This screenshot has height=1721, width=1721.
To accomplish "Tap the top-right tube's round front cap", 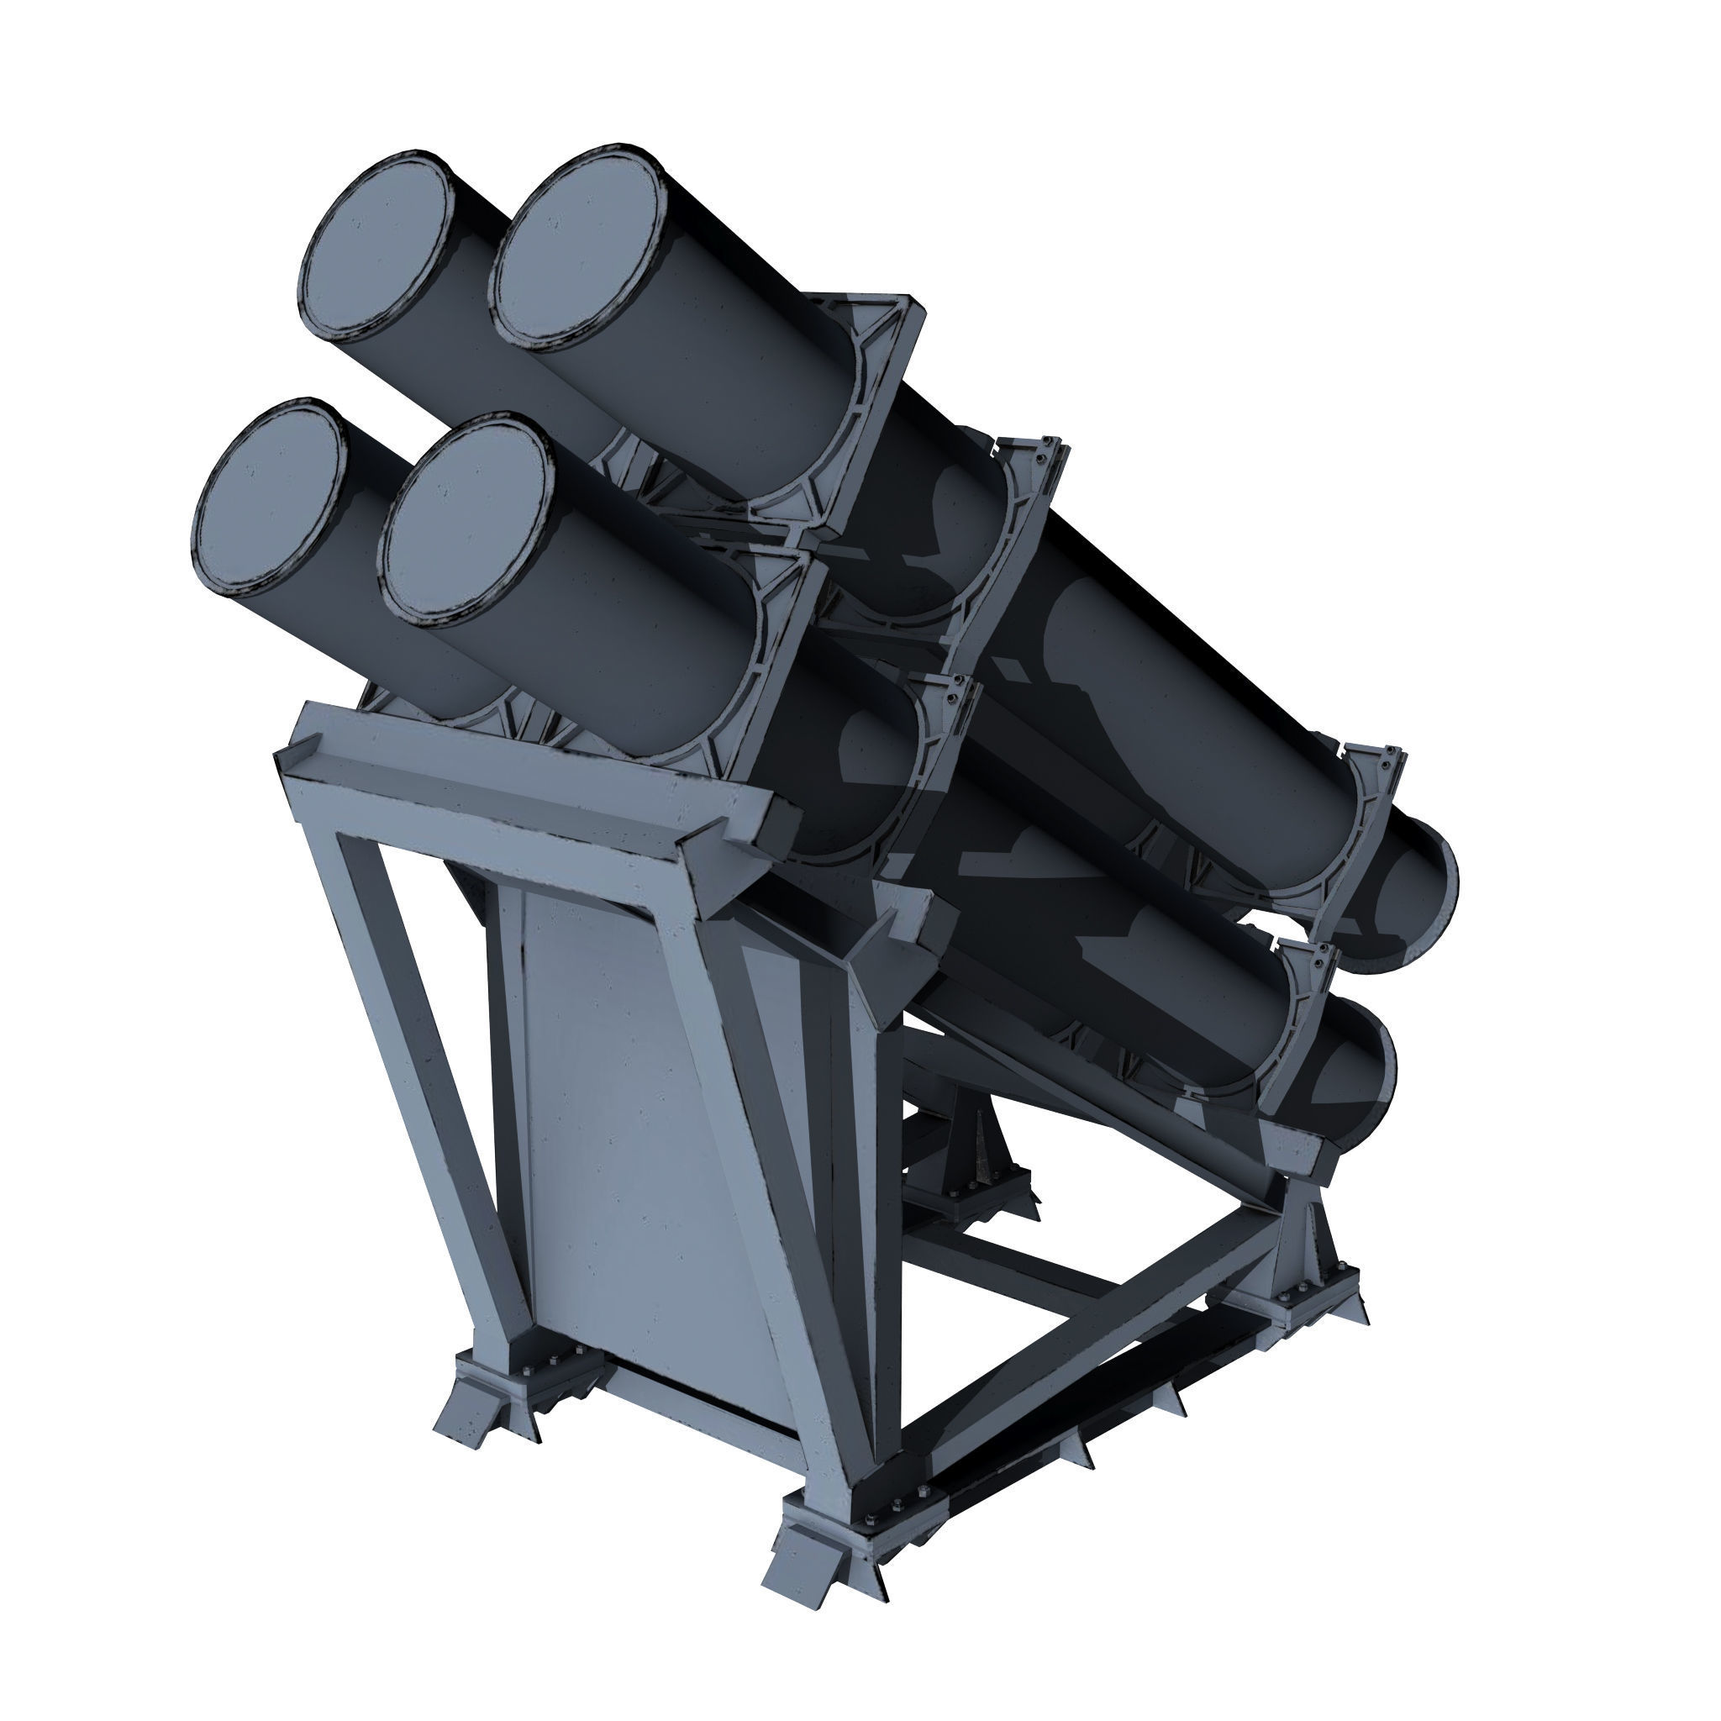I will (580, 245).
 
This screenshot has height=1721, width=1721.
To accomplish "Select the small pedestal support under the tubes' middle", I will (980, 1149).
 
